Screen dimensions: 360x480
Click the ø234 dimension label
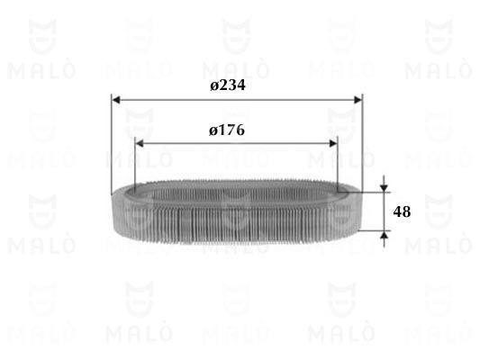pyautogui.click(x=228, y=85)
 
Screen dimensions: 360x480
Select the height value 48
pyautogui.click(x=402, y=212)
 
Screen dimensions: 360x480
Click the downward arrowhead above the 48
pyautogui.click(x=385, y=187)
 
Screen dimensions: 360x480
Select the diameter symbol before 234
pyautogui.click(x=214, y=85)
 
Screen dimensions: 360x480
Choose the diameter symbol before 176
pyautogui.click(x=213, y=130)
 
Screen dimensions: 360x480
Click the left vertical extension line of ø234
pyautogui.click(x=112, y=144)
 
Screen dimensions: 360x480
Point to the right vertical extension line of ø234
pyautogui.click(x=361, y=144)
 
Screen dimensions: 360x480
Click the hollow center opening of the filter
pyautogui.click(x=236, y=193)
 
